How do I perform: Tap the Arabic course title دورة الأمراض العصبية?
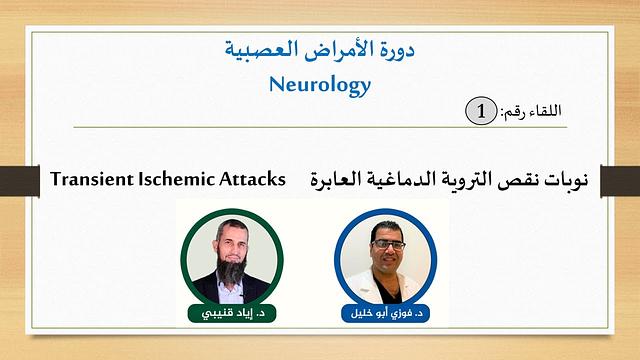click(x=320, y=48)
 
